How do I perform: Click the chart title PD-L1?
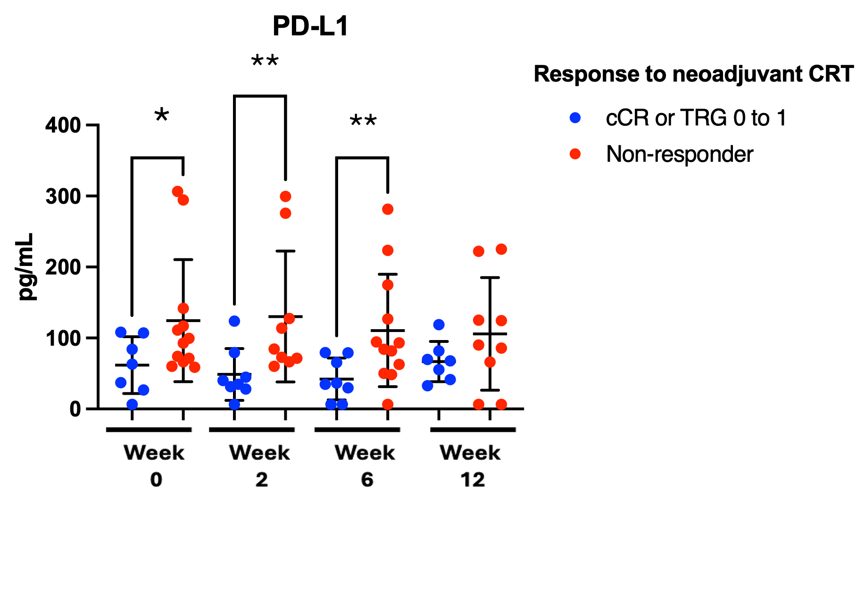pos(310,26)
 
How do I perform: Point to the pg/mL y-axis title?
pos(25,266)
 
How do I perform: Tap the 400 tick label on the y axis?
pos(63,125)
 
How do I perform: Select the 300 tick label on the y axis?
pos(63,196)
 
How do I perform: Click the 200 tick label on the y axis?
pos(63,267)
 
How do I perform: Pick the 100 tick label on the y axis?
pos(63,338)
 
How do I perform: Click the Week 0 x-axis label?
pos(154,465)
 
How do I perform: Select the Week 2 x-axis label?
pos(260,465)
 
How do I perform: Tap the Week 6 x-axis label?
pos(365,465)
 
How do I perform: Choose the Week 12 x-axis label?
pos(471,465)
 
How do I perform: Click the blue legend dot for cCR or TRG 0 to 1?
pos(575,117)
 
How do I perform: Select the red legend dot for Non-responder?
pos(575,154)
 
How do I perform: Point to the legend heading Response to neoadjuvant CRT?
pos(693,74)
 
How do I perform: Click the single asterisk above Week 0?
pos(162,115)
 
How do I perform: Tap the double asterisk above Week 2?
pos(265,60)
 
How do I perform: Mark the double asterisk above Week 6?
pos(363,121)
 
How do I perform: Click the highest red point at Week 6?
pos(388,209)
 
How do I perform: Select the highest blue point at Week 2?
pos(234,321)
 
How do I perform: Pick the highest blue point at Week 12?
pos(439,324)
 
